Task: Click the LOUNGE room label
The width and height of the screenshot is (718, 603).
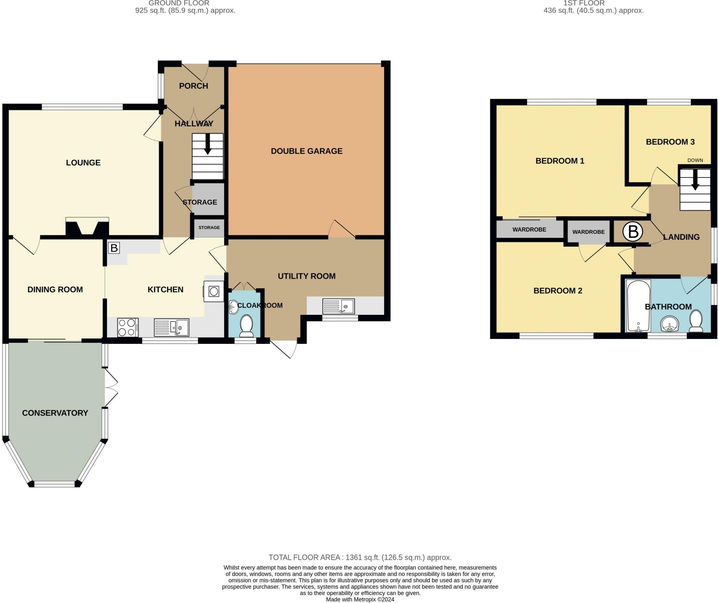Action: [83, 163]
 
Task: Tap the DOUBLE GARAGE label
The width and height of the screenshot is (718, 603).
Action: [306, 151]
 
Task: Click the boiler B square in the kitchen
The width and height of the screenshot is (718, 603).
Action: [114, 248]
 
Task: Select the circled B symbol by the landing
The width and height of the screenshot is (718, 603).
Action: [633, 232]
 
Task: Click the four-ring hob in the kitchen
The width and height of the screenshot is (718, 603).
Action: [128, 327]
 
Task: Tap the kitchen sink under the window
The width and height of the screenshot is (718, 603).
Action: [171, 327]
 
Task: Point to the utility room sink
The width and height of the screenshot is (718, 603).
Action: [338, 306]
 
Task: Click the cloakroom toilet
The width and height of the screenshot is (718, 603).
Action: [247, 324]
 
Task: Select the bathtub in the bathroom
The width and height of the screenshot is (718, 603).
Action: [638, 306]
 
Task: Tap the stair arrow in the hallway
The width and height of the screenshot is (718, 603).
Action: [208, 144]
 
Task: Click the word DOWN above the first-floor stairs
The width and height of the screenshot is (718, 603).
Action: [695, 160]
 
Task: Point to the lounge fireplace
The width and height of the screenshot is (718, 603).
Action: [87, 227]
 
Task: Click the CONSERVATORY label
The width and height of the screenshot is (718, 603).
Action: [55, 413]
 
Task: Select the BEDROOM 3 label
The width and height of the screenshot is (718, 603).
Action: [670, 142]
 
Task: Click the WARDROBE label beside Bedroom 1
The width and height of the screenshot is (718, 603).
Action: [529, 230]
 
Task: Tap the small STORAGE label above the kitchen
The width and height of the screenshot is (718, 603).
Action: [209, 228]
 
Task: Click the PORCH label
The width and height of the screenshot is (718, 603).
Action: [194, 86]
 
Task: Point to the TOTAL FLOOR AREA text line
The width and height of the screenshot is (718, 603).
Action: [360, 557]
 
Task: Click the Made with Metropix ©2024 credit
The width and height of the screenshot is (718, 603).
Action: [360, 599]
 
